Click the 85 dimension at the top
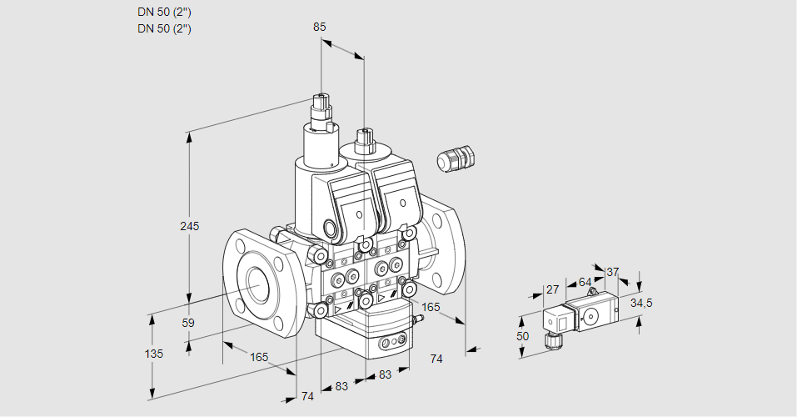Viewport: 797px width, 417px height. point(319,27)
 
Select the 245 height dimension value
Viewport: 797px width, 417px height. point(190,227)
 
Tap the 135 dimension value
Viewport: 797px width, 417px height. point(153,354)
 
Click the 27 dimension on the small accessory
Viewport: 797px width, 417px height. point(552,289)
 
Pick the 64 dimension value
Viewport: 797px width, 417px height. point(585,282)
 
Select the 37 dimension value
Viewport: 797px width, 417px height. point(612,272)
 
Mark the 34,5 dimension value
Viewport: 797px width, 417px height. point(640,303)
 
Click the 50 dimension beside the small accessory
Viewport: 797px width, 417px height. point(522,336)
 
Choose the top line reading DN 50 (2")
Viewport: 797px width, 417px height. point(164,12)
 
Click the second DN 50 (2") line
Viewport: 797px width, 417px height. point(164,28)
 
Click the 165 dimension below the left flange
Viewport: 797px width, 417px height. point(259,357)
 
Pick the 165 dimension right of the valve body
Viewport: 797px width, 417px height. point(431,308)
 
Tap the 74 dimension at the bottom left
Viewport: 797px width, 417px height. point(307,396)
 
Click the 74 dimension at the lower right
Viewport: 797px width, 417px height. point(436,358)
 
